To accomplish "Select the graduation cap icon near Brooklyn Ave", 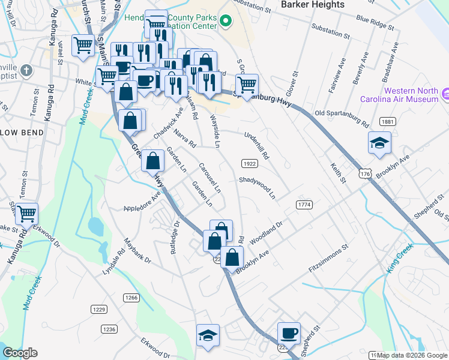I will [379, 143].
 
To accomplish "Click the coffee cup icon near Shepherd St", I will [288, 333].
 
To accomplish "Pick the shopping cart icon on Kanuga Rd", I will [26, 214].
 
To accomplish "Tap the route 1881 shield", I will [388, 122].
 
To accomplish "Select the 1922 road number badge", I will [250, 164].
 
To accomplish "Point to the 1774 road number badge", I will [304, 205].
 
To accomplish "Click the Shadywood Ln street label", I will [257, 188].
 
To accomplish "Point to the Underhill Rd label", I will [257, 145].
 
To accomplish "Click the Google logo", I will [20, 353].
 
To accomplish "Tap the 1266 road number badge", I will [131, 298].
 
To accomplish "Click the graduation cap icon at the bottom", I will [208, 335].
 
